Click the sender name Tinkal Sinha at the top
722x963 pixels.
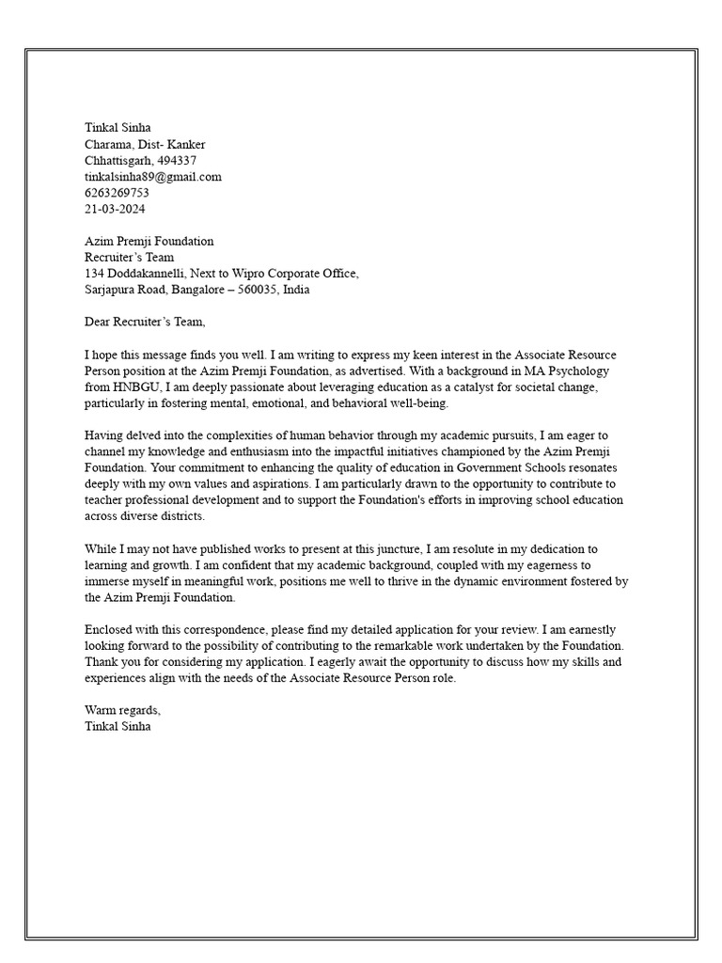(x=118, y=128)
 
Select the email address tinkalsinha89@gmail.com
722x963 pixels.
(x=153, y=177)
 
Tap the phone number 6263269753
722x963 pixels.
(x=117, y=193)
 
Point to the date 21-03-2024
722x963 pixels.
(x=115, y=209)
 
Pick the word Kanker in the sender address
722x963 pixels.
(x=186, y=144)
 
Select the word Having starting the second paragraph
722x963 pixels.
(x=105, y=435)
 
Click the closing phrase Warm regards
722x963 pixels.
(x=123, y=710)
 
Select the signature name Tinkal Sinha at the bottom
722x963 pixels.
(x=118, y=726)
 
